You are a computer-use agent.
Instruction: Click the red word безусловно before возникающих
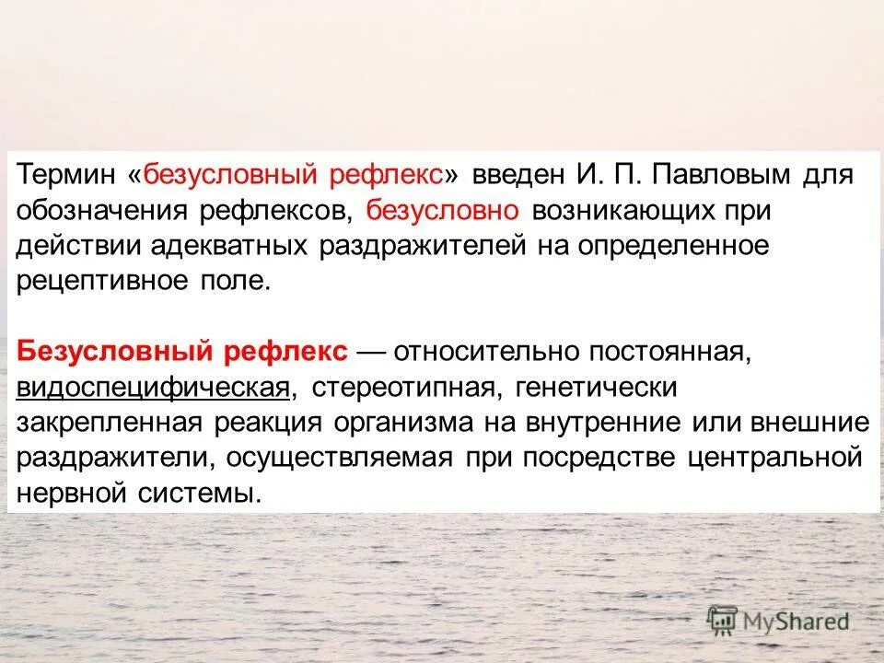[x=444, y=210]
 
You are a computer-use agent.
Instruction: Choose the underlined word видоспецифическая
[x=153, y=388]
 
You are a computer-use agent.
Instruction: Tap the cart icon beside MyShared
[x=723, y=621]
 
